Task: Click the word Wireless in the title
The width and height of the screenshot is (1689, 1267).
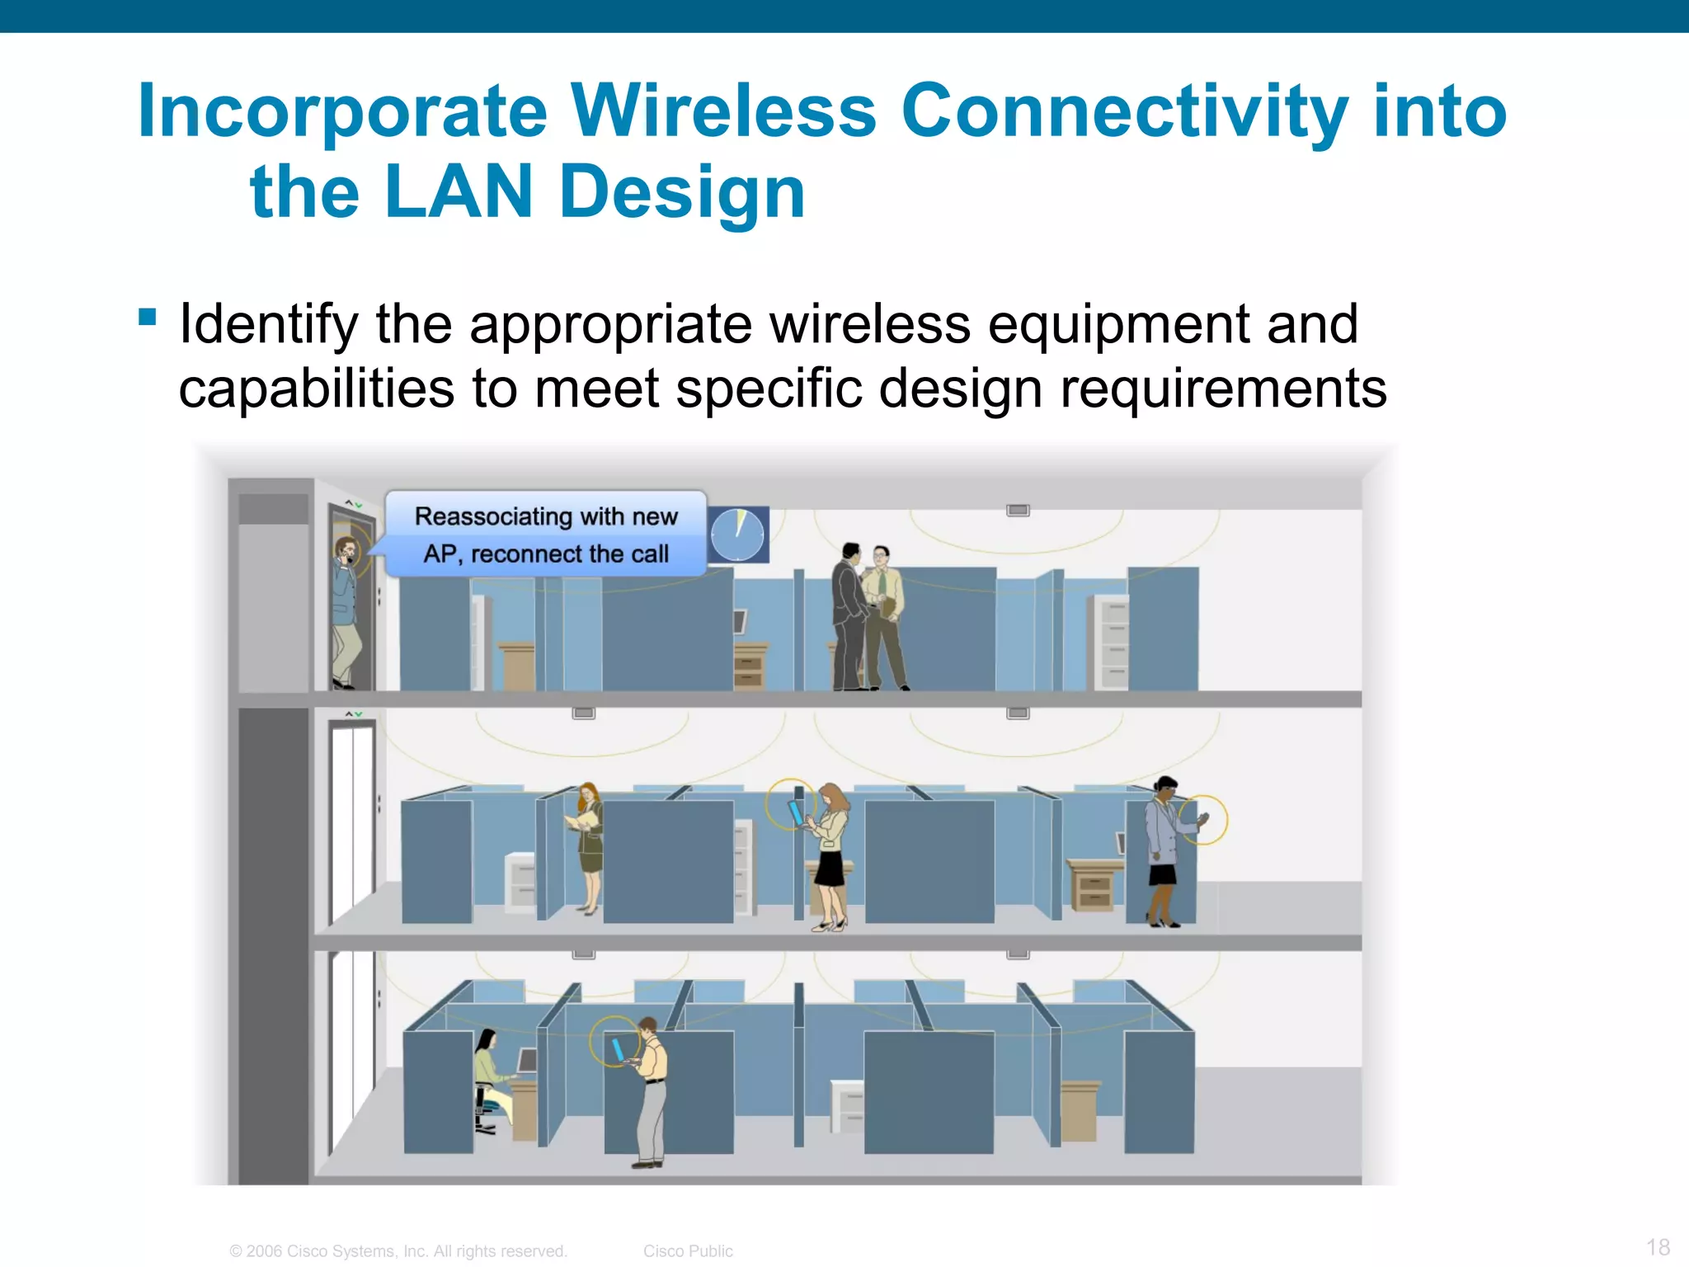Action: coord(723,111)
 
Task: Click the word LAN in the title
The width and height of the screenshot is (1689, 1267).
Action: coord(459,192)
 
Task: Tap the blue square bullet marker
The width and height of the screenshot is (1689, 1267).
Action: coord(148,317)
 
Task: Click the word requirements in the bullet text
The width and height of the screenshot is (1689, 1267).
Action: coord(1222,389)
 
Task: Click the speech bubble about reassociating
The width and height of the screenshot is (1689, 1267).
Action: coord(546,535)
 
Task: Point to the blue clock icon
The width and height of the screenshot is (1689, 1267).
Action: coord(738,535)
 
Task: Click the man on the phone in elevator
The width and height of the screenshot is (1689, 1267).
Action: coord(347,610)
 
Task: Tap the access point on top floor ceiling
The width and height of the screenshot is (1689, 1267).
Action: coord(1018,511)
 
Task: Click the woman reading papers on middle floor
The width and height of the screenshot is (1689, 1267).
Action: coord(589,845)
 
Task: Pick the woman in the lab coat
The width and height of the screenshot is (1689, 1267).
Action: coord(1164,850)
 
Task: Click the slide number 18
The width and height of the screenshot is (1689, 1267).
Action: coord(1658,1246)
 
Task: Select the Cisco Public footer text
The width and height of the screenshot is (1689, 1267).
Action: coord(688,1251)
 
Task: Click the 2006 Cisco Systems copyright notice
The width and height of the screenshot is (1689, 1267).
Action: coord(398,1251)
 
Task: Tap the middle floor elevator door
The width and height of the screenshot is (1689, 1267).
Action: coord(352,817)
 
